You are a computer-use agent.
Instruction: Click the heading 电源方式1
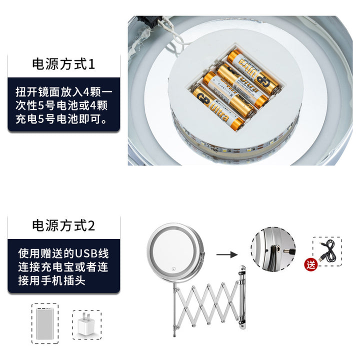click(63, 64)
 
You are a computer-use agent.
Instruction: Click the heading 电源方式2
click(63, 225)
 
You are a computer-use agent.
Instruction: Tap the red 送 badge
click(311, 264)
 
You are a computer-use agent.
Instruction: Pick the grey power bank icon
click(45, 323)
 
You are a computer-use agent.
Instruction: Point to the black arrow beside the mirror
click(227, 254)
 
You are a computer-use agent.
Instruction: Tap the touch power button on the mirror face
click(174, 269)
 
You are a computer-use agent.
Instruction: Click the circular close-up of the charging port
click(273, 249)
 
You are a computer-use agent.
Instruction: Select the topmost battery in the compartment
click(252, 71)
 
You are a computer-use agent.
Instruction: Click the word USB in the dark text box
click(85, 253)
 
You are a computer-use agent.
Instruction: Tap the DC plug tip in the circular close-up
click(289, 251)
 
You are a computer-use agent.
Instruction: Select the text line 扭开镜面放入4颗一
click(64, 92)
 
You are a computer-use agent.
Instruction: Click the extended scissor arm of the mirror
click(206, 303)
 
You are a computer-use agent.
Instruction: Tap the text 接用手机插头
click(52, 280)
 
